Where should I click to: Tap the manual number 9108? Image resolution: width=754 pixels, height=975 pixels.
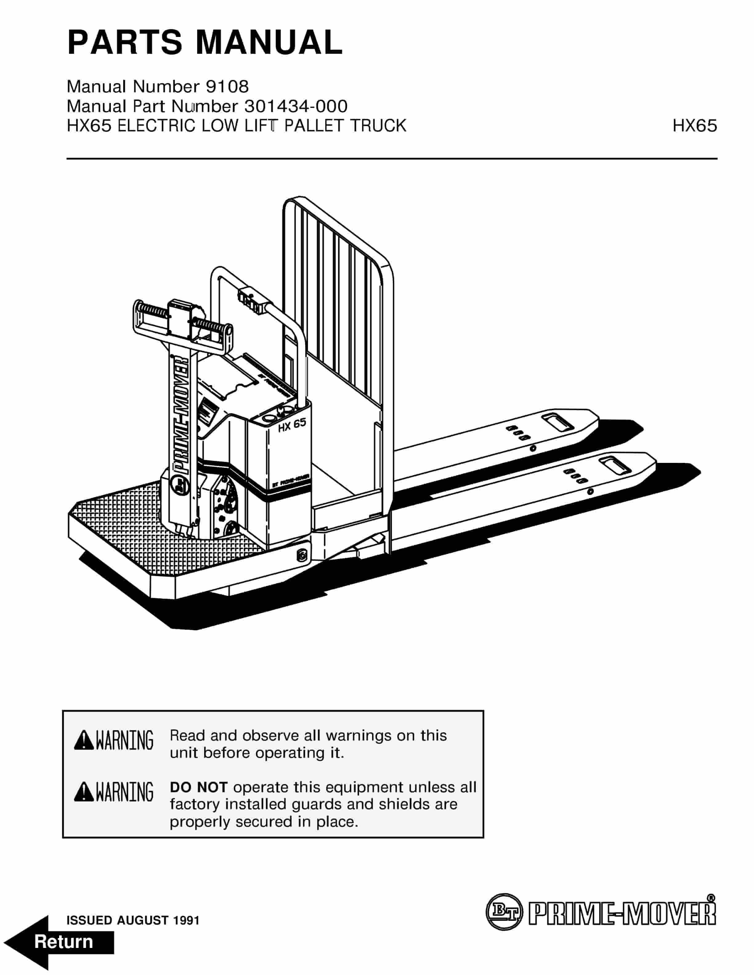pos(227,86)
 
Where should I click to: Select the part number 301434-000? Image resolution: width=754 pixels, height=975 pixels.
pos(296,106)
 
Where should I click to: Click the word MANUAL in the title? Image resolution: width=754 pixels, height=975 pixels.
pos(269,42)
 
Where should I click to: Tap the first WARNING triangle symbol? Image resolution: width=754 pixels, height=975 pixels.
pos(83,740)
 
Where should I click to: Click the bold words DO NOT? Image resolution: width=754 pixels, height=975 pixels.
pos(199,787)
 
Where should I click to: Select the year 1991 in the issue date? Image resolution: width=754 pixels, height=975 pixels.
pos(186,920)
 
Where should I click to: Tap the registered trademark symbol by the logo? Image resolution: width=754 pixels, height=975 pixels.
pos(711,897)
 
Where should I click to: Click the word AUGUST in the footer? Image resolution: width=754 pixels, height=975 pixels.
pos(143,920)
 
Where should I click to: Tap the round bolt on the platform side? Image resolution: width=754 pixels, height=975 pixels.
pos(302,555)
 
